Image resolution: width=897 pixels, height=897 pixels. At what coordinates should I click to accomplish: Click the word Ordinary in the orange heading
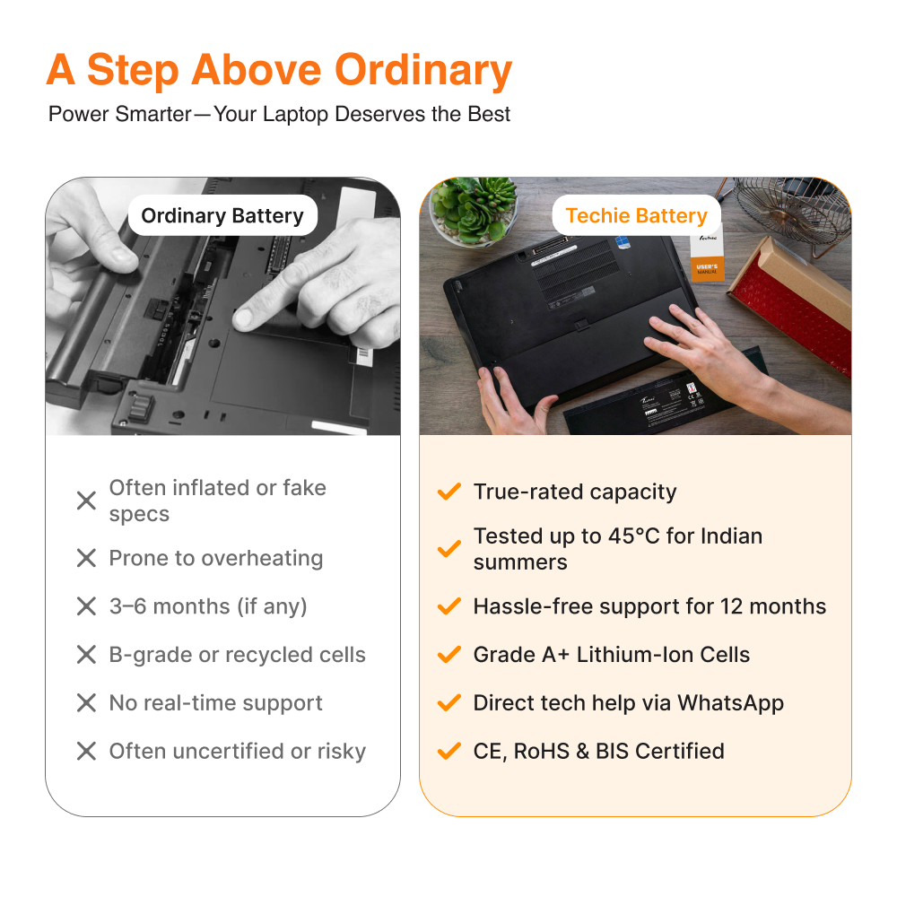pos(422,70)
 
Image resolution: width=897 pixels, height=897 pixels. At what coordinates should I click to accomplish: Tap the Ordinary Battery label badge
pos(222,215)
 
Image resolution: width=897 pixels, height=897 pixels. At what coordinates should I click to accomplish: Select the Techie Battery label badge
pos(636,215)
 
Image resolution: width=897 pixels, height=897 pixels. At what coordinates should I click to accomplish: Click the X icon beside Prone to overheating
pos(86,558)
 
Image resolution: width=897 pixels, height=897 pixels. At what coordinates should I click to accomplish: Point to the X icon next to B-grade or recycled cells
pos(86,655)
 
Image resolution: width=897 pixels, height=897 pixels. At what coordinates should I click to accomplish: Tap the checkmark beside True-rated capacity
pos(449,492)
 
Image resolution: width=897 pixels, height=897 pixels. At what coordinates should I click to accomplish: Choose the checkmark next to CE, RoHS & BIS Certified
pos(449,751)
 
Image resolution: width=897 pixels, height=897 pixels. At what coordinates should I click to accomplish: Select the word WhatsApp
pos(730,703)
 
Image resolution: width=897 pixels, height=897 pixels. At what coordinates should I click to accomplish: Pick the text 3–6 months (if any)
pos(208,606)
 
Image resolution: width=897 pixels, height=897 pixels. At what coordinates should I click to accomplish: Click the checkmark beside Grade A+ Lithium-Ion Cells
pos(449,654)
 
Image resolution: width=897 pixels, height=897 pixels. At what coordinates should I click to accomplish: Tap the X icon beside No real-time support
pos(86,702)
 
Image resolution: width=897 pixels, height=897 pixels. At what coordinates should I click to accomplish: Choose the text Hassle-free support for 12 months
pos(649,606)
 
